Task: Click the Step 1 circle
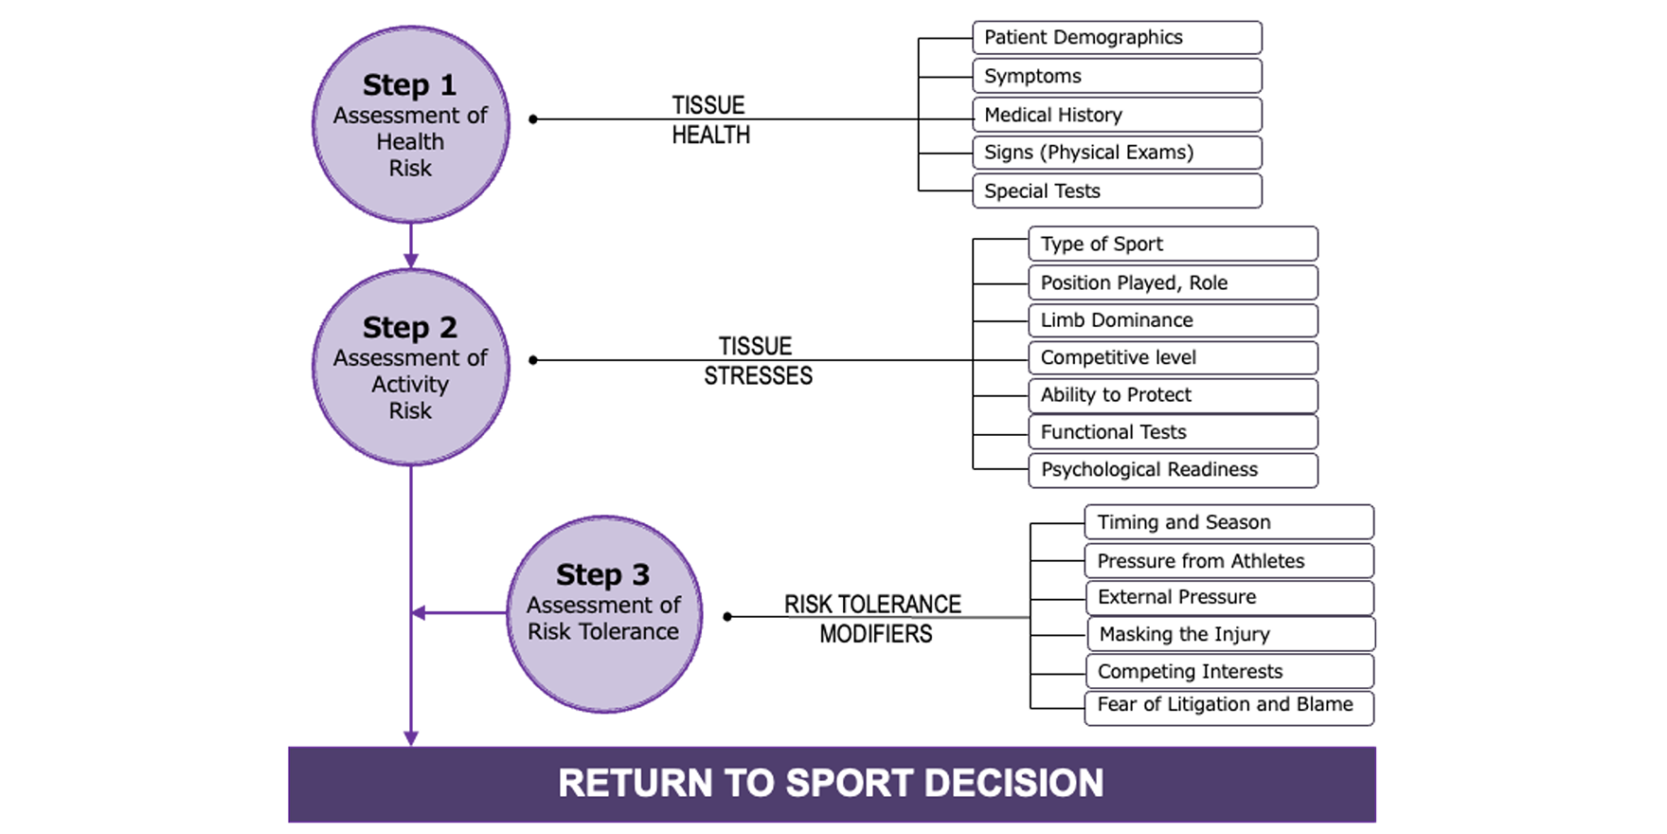click(x=410, y=124)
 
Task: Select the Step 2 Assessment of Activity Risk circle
click(x=410, y=367)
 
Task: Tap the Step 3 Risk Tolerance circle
click(x=603, y=613)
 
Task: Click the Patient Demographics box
click(x=1117, y=38)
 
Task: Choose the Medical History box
click(x=1117, y=115)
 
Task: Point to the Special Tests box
click(x=1117, y=190)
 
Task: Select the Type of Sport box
click(x=1173, y=244)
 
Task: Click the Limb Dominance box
click(x=1173, y=320)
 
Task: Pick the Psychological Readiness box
click(x=1173, y=470)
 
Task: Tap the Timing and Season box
click(x=1228, y=522)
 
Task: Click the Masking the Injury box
click(x=1229, y=634)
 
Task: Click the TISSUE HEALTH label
click(x=709, y=119)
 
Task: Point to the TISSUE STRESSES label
click(x=757, y=361)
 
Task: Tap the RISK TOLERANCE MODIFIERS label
click(x=873, y=619)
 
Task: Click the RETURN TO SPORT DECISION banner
click(x=832, y=784)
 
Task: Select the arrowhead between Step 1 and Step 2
click(x=410, y=260)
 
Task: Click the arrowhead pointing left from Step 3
click(x=419, y=613)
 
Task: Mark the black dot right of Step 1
click(x=533, y=119)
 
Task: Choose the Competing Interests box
click(x=1228, y=671)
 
